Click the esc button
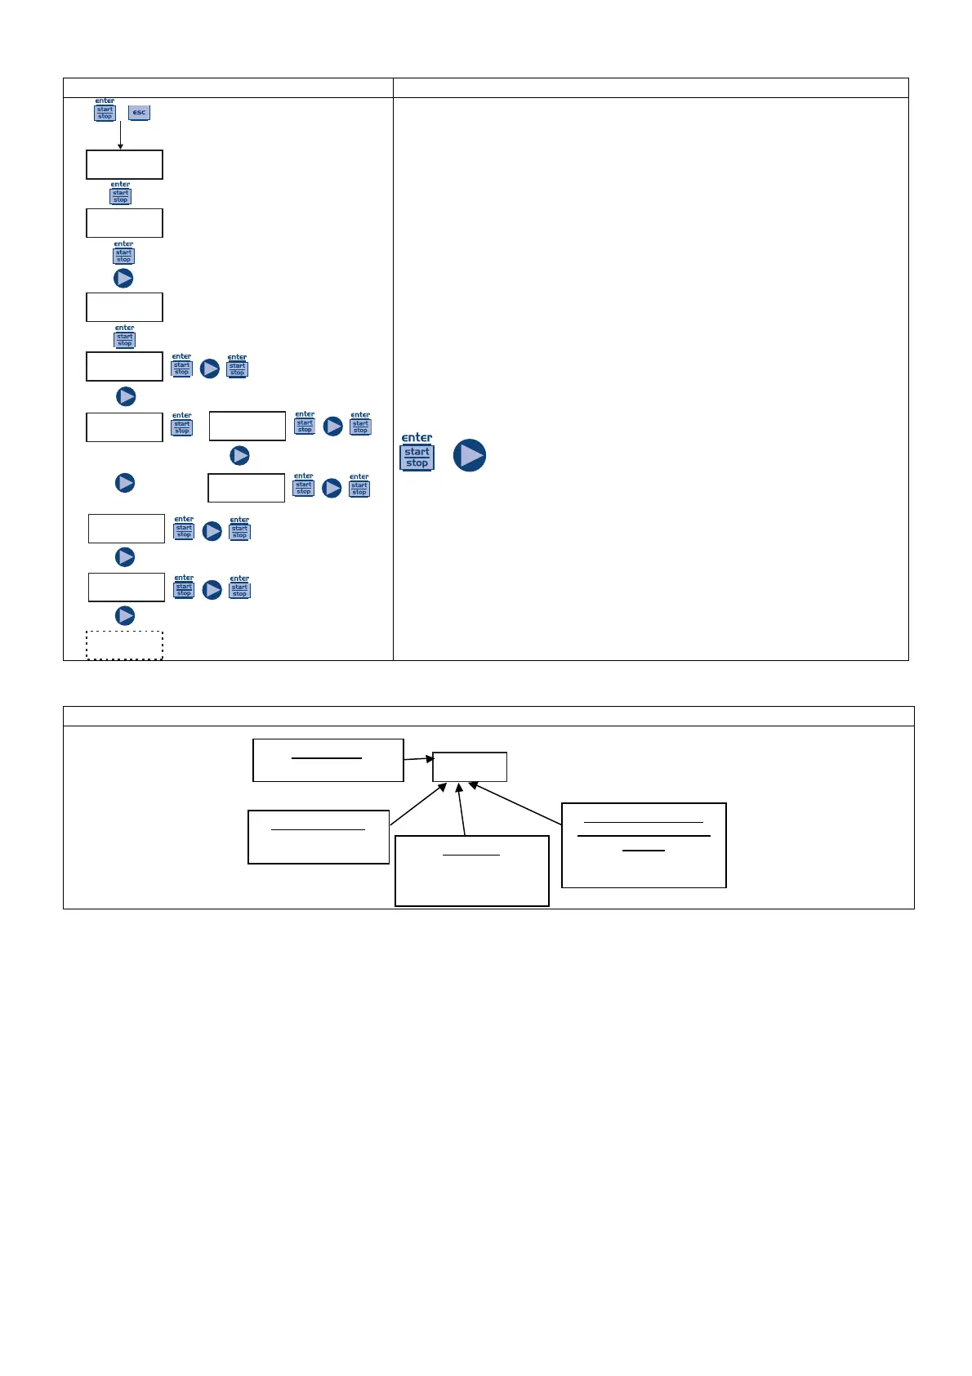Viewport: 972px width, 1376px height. [x=139, y=112]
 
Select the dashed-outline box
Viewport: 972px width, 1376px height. [x=124, y=646]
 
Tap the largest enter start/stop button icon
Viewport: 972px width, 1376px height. [x=417, y=453]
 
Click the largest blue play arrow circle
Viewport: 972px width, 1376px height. [x=470, y=455]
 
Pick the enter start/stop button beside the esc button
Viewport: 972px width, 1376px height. [x=105, y=110]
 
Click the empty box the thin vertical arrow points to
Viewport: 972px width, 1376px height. [x=124, y=164]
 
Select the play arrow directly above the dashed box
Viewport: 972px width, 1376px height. [x=125, y=615]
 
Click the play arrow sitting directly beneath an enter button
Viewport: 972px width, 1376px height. [x=123, y=278]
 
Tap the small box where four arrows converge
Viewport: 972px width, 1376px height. [x=470, y=766]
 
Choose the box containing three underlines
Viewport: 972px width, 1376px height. [x=644, y=845]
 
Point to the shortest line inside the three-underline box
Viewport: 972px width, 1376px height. [x=644, y=851]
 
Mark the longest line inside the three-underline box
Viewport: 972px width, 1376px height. [x=644, y=836]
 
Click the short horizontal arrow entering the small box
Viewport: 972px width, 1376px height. [x=418, y=759]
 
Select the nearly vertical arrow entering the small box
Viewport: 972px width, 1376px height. [x=461, y=809]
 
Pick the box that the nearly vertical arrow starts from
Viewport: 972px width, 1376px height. [x=471, y=870]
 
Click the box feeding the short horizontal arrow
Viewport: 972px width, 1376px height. [x=328, y=760]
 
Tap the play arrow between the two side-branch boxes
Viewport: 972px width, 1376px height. [x=239, y=455]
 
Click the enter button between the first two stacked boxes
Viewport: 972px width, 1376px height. [x=120, y=194]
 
